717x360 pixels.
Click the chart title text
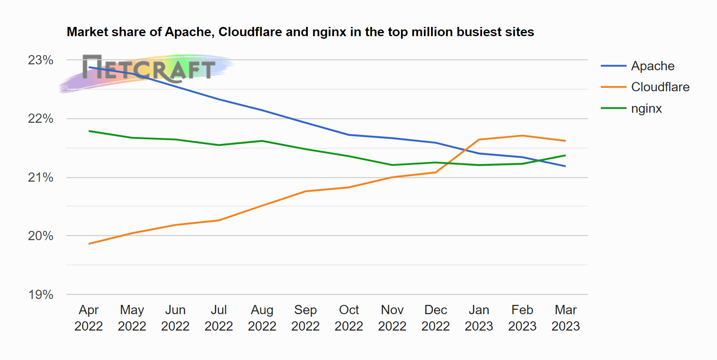[300, 32]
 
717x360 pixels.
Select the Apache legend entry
[638, 66]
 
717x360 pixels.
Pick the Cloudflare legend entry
[645, 87]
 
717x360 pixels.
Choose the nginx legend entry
[631, 108]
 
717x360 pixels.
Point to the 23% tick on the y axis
[40, 60]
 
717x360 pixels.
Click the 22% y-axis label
[40, 119]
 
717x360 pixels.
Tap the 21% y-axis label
[40, 177]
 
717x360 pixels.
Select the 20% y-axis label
[40, 236]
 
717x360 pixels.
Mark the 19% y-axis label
[40, 294]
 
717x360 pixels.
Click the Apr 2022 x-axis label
[89, 318]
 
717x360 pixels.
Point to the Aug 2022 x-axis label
[262, 318]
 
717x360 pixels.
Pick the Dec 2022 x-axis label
[436, 318]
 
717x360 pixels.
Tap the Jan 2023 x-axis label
[479, 318]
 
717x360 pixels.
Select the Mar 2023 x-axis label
[566, 318]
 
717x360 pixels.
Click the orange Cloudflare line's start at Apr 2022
[89, 244]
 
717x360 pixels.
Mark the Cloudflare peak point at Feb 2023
[522, 136]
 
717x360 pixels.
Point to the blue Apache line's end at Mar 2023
[566, 166]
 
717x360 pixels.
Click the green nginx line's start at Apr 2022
[89, 131]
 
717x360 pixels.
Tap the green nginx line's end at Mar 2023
[566, 156]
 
